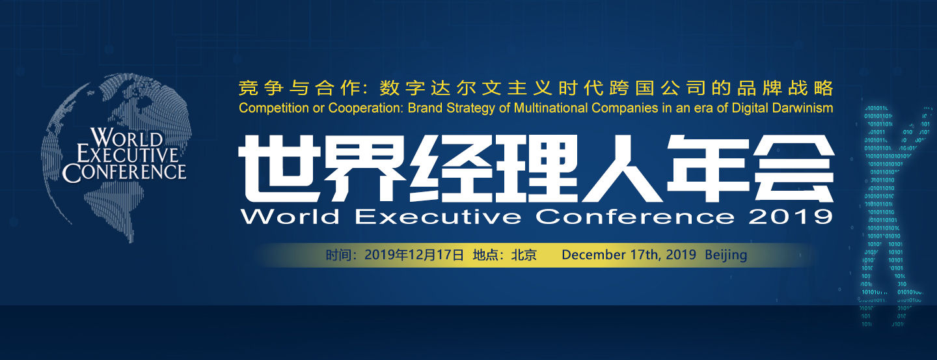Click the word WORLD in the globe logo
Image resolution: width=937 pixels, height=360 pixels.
click(126, 137)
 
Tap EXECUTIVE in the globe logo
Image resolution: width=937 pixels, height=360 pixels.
click(128, 154)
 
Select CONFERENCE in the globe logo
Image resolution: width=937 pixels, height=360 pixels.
click(124, 172)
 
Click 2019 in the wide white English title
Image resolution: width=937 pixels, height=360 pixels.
click(790, 216)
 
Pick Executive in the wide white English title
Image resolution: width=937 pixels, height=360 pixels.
click(438, 216)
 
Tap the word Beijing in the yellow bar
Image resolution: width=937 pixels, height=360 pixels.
click(726, 255)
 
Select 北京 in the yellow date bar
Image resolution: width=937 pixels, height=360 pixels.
click(524, 255)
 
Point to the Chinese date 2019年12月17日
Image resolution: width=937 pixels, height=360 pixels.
click(414, 255)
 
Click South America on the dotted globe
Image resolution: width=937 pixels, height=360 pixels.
click(115, 212)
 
